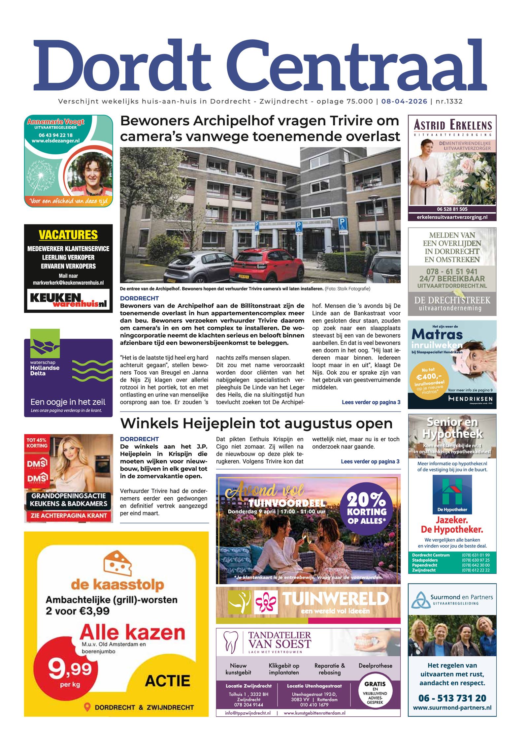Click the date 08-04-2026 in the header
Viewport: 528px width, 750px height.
coord(404,101)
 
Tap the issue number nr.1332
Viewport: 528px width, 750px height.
coord(449,101)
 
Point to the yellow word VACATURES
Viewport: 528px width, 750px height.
coord(68,235)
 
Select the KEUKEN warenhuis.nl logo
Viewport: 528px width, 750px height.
coord(68,299)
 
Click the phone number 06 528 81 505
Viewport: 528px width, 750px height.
coord(452,209)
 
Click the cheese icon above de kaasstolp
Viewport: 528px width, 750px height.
coord(117,563)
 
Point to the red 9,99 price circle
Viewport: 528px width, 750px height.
coord(70,673)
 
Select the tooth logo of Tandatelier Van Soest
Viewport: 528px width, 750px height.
coord(231,642)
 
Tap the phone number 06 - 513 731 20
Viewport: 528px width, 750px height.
coord(452,698)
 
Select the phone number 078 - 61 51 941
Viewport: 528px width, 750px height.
coord(452,271)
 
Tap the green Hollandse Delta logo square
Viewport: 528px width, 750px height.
coord(45,343)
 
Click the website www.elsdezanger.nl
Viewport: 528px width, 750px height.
coord(55,141)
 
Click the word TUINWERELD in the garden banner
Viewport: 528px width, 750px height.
coord(335,599)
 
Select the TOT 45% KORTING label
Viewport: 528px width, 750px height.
coord(37,443)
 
